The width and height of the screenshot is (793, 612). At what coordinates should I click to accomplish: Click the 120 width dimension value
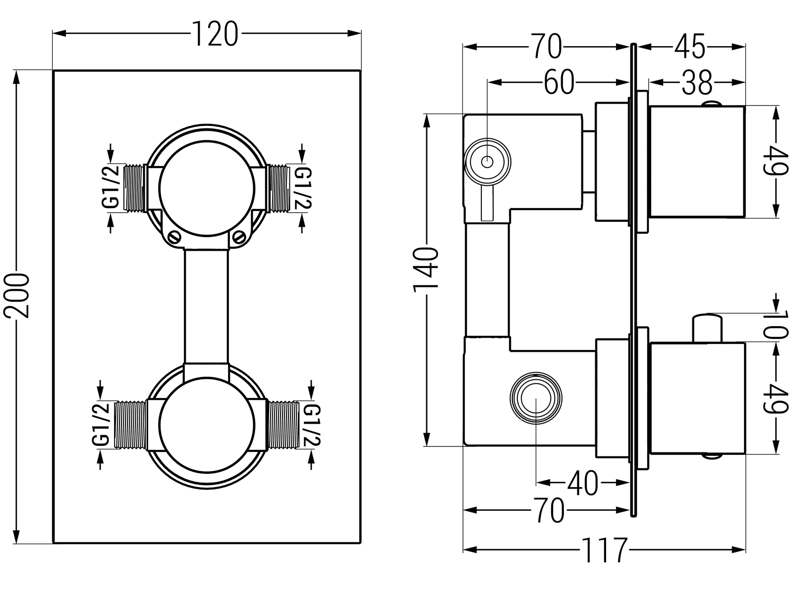(x=215, y=34)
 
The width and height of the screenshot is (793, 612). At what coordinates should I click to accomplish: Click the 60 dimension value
(x=559, y=82)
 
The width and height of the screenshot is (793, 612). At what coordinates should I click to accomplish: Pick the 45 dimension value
(x=689, y=47)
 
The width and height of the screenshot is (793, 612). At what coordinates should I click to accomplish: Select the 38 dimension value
(x=696, y=82)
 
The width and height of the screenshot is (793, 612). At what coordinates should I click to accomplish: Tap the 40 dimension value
(x=583, y=483)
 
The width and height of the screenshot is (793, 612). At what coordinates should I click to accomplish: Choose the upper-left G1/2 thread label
(x=113, y=188)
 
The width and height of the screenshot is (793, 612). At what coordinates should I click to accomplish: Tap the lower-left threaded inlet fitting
(x=131, y=425)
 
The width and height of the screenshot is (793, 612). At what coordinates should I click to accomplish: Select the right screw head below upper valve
(x=239, y=236)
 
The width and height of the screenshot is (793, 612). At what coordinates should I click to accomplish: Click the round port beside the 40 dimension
(x=536, y=397)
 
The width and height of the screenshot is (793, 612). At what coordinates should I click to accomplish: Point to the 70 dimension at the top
(x=547, y=47)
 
